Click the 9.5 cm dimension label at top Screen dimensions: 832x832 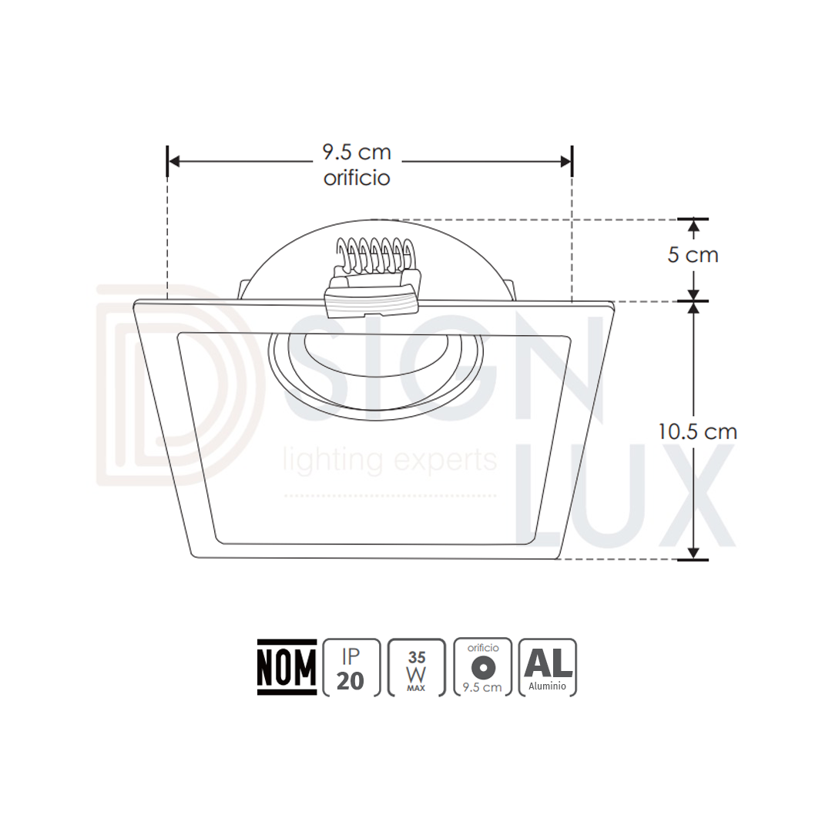357,153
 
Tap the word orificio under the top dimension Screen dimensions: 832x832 357,178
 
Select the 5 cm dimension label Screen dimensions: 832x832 693,255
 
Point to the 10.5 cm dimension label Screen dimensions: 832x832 698,432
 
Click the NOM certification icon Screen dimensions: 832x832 287,667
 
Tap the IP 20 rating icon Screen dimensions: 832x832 351,667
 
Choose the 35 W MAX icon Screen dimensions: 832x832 417,667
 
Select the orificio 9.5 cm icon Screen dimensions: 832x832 483,667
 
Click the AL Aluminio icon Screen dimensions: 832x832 548,667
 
